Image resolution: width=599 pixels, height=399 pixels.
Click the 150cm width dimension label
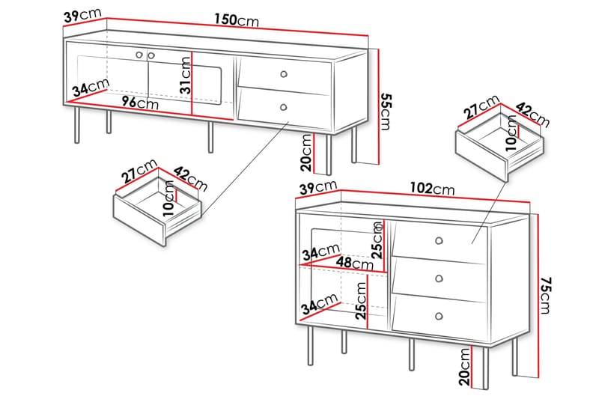pyautogui.click(x=237, y=19)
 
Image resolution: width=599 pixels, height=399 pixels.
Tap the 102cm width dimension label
pyautogui.click(x=433, y=188)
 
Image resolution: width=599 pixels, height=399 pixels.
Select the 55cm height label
pyautogui.click(x=386, y=112)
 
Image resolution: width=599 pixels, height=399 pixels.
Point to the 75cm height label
pyautogui.click(x=545, y=296)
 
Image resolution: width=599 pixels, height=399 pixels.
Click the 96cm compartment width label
pyautogui.click(x=140, y=103)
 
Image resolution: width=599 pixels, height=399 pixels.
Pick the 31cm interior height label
pyautogui.click(x=186, y=75)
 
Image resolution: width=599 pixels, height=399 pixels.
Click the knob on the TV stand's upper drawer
pyautogui.click(x=284, y=74)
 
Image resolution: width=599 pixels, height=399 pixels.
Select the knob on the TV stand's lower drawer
pyautogui.click(x=284, y=107)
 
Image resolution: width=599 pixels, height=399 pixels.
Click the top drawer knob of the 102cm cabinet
pyautogui.click(x=439, y=241)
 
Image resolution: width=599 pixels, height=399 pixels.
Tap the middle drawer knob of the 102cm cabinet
pyautogui.click(x=440, y=278)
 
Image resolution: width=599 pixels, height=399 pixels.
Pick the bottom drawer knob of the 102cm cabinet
pyautogui.click(x=439, y=317)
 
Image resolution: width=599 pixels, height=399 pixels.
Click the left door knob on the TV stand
pyautogui.click(x=139, y=55)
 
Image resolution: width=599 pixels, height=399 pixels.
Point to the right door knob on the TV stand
pyautogui.click(x=151, y=55)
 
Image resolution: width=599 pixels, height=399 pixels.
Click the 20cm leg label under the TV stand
pyautogui.click(x=307, y=153)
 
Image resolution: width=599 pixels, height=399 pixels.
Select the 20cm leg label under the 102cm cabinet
pyautogui.click(x=465, y=367)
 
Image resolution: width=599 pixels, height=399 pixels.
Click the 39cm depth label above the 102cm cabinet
pyautogui.click(x=318, y=187)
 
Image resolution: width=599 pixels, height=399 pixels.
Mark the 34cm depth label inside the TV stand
pyautogui.click(x=91, y=87)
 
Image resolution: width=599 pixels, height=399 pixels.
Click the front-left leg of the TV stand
pyautogui.click(x=77, y=125)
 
